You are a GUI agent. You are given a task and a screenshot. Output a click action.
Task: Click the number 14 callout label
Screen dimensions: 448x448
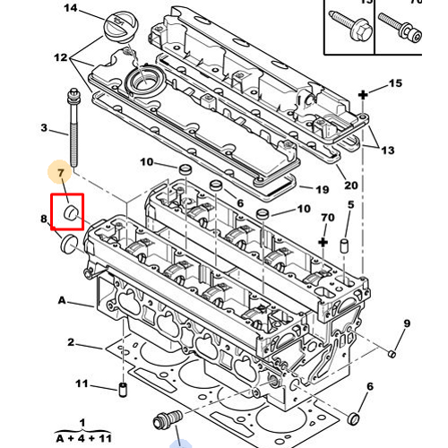click(x=72, y=9)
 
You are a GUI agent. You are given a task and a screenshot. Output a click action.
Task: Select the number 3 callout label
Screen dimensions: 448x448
click(x=44, y=128)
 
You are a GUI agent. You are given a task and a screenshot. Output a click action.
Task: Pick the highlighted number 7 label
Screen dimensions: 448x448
click(x=60, y=171)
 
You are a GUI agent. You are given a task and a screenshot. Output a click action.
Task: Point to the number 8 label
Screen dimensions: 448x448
click(x=44, y=219)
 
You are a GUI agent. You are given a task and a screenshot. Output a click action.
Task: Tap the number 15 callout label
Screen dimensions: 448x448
click(x=395, y=84)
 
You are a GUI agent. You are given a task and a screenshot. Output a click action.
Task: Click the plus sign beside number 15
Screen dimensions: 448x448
click(x=364, y=94)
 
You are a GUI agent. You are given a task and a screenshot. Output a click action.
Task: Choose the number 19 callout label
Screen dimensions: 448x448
click(x=323, y=189)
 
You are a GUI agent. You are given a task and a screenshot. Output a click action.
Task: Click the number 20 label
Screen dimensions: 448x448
click(x=351, y=185)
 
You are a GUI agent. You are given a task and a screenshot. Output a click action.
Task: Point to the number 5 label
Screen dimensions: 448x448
click(x=350, y=206)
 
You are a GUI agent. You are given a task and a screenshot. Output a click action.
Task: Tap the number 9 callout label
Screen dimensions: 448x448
click(x=406, y=323)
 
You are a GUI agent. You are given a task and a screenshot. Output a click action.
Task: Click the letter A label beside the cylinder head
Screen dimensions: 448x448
click(x=62, y=299)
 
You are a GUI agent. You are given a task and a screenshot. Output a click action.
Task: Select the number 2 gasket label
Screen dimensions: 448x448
click(x=70, y=342)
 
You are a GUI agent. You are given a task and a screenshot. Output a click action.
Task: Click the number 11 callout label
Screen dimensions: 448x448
click(x=82, y=384)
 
